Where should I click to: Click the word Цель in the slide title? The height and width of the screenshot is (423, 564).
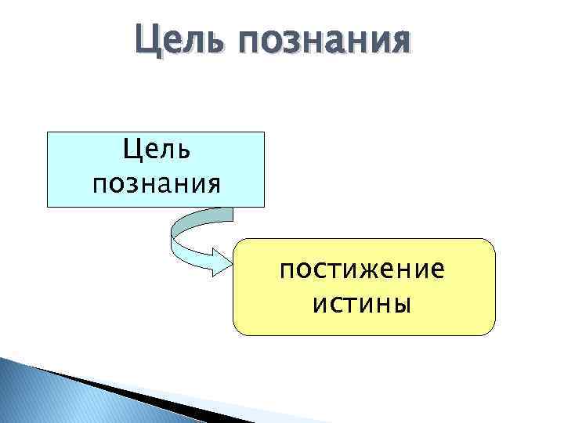[x=175, y=39]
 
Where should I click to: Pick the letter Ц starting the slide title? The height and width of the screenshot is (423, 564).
[x=146, y=39]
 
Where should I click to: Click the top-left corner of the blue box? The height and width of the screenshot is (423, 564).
[x=49, y=132]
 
